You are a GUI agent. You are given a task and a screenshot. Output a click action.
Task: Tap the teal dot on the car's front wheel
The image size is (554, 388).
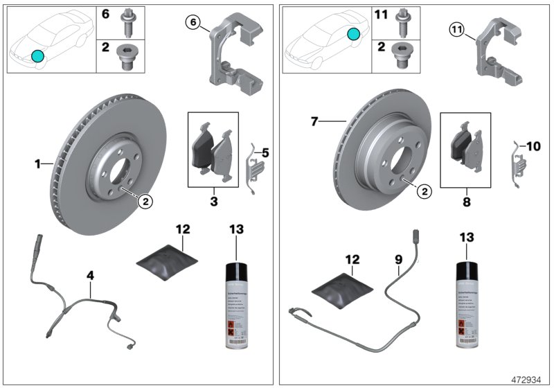[37, 56]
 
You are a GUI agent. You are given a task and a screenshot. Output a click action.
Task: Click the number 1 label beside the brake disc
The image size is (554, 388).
[38, 164]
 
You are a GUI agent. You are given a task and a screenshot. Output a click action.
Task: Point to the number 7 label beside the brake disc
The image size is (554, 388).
[314, 122]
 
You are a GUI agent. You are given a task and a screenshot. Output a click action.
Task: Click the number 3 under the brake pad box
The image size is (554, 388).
[213, 201]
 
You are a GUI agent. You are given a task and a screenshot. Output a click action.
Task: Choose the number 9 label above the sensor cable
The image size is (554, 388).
[398, 261]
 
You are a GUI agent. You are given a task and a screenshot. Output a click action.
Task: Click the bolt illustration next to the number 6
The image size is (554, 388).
[129, 22]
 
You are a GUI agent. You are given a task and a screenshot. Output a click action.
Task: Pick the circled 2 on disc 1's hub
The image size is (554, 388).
[145, 201]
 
